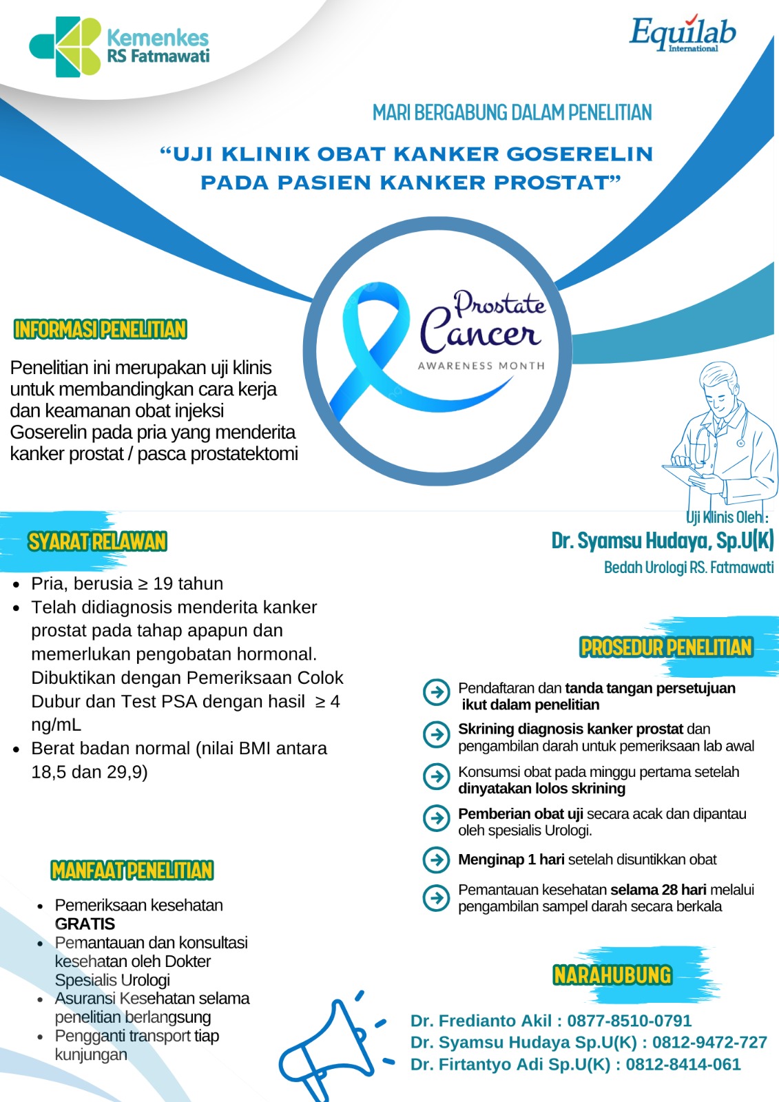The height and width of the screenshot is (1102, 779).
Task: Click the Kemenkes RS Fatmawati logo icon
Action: click(65, 46)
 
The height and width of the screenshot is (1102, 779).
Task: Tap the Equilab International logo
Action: click(682, 34)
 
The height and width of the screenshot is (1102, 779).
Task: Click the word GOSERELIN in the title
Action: click(580, 154)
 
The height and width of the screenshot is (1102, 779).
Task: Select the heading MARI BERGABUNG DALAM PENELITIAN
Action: click(512, 112)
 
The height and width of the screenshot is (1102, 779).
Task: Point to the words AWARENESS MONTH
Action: click(481, 366)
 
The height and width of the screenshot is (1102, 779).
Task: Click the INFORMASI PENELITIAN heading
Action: click(101, 329)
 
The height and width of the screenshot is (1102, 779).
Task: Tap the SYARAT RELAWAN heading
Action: click(97, 541)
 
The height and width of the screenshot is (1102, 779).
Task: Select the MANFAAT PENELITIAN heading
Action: click(132, 871)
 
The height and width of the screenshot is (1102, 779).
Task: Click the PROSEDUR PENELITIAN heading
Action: click(666, 647)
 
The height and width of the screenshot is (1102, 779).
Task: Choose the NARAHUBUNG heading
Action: click(612, 975)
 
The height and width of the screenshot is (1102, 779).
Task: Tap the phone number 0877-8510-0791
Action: click(630, 1021)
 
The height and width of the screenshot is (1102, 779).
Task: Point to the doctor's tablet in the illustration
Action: click(682, 472)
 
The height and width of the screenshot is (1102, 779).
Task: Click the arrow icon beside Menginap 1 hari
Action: click(436, 860)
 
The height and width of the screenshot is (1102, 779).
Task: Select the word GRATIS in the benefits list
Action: click(85, 924)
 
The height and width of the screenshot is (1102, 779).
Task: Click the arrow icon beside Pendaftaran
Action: click(436, 692)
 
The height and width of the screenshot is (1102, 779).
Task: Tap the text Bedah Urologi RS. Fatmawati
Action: click(689, 568)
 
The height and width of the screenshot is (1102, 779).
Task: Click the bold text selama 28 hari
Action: click(658, 890)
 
